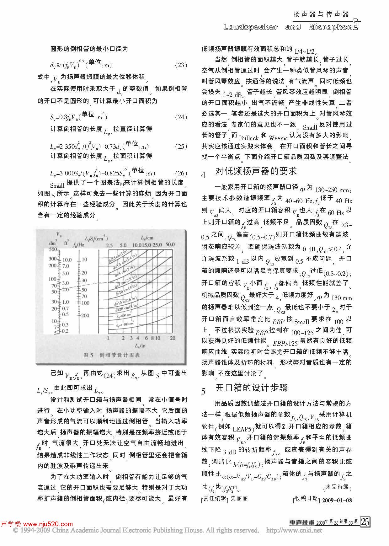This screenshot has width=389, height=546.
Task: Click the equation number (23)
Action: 180,65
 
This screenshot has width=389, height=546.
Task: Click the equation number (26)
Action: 180,174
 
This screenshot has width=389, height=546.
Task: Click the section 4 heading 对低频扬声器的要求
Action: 256,171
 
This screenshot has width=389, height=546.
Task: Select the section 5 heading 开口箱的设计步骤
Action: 252,388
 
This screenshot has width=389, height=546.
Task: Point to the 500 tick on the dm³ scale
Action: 53,249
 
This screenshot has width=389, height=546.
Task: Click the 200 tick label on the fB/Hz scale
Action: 85,315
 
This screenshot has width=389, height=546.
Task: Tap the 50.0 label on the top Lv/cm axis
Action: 170,245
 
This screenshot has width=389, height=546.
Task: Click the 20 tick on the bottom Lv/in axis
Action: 173,338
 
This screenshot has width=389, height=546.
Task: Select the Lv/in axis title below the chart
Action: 140,345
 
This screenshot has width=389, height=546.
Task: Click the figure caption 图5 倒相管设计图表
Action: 112,355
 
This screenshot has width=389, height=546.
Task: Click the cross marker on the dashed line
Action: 150,282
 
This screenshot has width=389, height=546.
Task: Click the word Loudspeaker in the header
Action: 250,27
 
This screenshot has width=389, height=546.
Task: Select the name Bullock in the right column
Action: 249,138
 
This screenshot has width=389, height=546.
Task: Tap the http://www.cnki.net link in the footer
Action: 294,531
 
